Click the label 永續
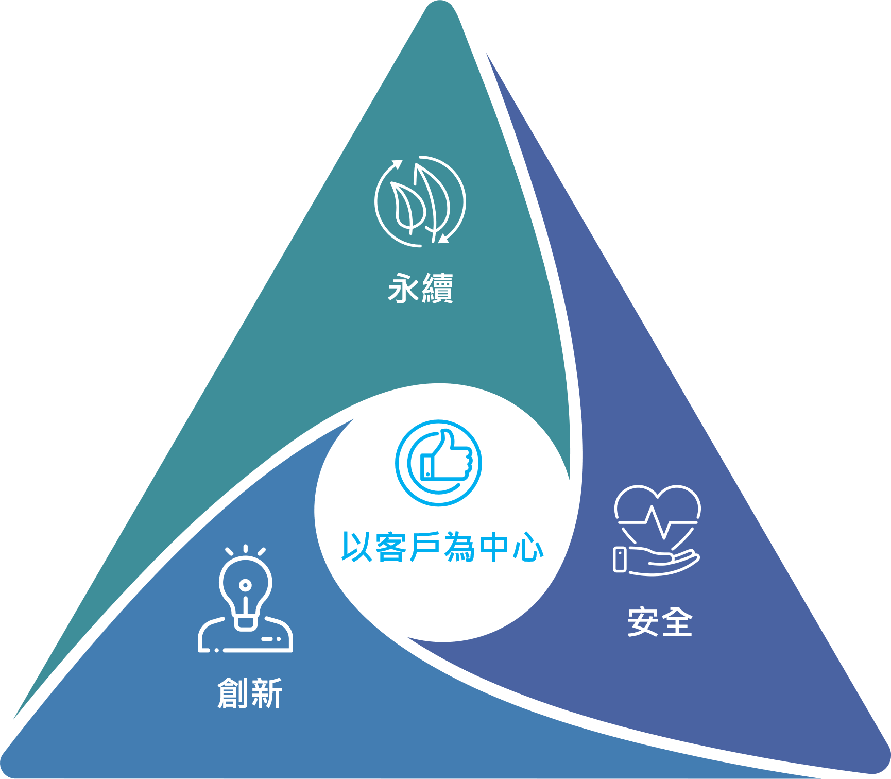tap(421, 288)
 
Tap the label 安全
tap(660, 621)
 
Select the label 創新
tap(250, 693)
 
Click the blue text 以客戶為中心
tap(442, 547)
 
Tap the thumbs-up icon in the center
tap(438, 463)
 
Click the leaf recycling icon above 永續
tap(420, 201)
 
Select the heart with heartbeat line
tap(658, 515)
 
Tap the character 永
tap(404, 288)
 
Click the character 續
tap(438, 288)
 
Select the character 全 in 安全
tap(677, 621)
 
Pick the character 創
tap(233, 693)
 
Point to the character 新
tap(267, 693)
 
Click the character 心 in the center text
tap(528, 547)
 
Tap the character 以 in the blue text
tap(357, 547)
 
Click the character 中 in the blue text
tap(493, 547)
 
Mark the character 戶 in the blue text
tap(425, 547)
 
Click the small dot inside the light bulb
tap(246, 585)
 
